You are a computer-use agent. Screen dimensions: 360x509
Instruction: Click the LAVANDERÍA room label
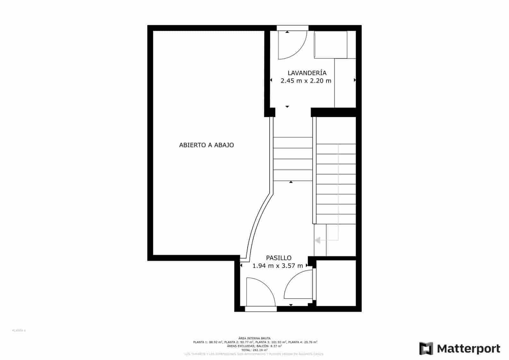(x=307, y=73)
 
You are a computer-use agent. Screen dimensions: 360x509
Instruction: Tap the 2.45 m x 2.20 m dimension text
(x=306, y=81)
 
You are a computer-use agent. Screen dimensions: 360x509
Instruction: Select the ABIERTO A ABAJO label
(x=206, y=145)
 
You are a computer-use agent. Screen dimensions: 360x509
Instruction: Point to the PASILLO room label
(x=279, y=258)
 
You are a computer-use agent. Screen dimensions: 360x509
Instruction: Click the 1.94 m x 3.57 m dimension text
(x=277, y=266)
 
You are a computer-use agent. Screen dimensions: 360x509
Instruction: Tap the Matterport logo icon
(x=426, y=348)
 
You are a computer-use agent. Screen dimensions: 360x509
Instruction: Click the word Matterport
(x=469, y=349)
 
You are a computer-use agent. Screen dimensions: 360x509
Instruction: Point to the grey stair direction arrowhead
(x=317, y=240)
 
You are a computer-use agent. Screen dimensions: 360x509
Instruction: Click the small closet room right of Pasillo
(x=336, y=283)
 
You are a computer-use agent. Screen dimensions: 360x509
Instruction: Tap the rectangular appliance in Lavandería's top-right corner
(x=331, y=45)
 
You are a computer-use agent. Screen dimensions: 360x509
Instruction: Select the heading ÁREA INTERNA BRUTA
(x=254, y=338)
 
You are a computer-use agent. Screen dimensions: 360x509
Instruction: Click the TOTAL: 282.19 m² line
(x=254, y=350)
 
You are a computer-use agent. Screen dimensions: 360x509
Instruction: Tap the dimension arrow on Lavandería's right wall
(x=355, y=80)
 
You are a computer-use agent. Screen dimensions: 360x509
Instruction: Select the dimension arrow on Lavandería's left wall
(x=271, y=80)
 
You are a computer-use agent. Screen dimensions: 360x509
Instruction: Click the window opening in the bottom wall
(x=261, y=309)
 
